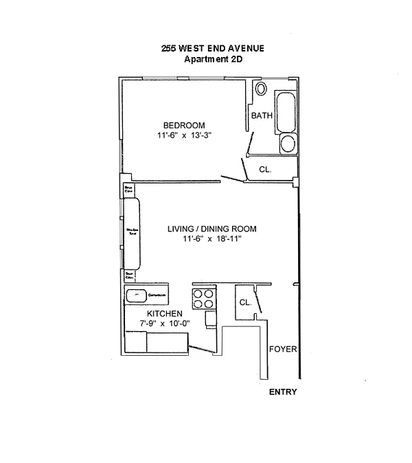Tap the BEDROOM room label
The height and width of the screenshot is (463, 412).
click(183, 125)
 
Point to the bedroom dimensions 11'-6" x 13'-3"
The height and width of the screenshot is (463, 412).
click(183, 135)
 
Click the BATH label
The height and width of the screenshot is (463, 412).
click(261, 115)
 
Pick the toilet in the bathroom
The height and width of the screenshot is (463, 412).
click(260, 89)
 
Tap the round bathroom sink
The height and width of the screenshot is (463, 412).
click(288, 144)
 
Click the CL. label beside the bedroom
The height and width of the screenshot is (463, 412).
click(265, 169)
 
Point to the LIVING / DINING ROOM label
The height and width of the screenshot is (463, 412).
click(211, 229)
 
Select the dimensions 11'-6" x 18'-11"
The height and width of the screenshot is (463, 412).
click(211, 239)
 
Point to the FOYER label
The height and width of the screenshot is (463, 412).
click(283, 349)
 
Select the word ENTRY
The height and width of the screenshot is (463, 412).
click(283, 392)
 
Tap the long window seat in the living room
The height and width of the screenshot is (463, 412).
click(131, 234)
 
